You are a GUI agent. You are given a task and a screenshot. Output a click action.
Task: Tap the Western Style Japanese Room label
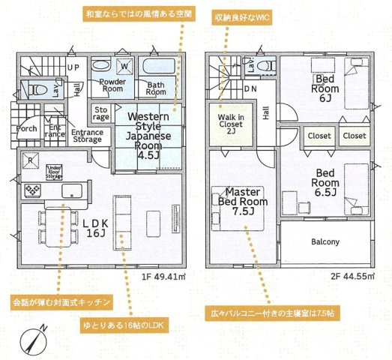[x=148, y=136]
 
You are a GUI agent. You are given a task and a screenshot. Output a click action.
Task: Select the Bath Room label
[x=155, y=88]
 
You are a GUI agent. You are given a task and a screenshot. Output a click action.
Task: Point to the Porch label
[x=27, y=128]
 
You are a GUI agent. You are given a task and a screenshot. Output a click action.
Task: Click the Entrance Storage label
[x=86, y=136]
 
